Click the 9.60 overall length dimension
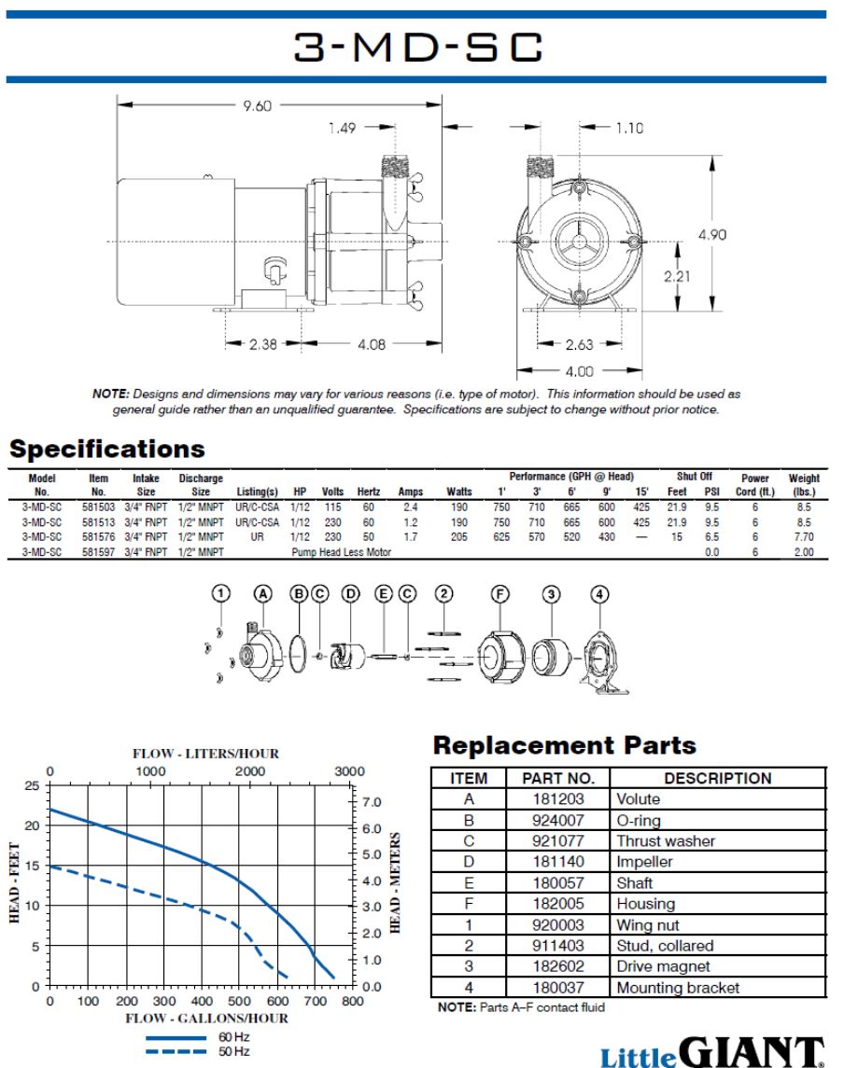click(257, 105)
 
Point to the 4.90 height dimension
click(711, 234)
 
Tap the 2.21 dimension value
click(677, 276)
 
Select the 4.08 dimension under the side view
click(372, 344)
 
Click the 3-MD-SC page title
click(418, 47)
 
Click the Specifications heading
click(107, 449)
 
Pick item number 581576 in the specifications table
click(98, 536)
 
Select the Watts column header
click(458, 491)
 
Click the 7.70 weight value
click(804, 536)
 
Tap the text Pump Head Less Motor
click(341, 551)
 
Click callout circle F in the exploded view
click(499, 594)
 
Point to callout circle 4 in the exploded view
click(599, 594)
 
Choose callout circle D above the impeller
click(350, 594)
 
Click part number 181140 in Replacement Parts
click(558, 862)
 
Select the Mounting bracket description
click(678, 988)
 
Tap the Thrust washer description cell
click(666, 841)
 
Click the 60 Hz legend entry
click(198, 1036)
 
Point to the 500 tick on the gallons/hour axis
click(239, 1001)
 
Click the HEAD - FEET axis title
click(14, 882)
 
